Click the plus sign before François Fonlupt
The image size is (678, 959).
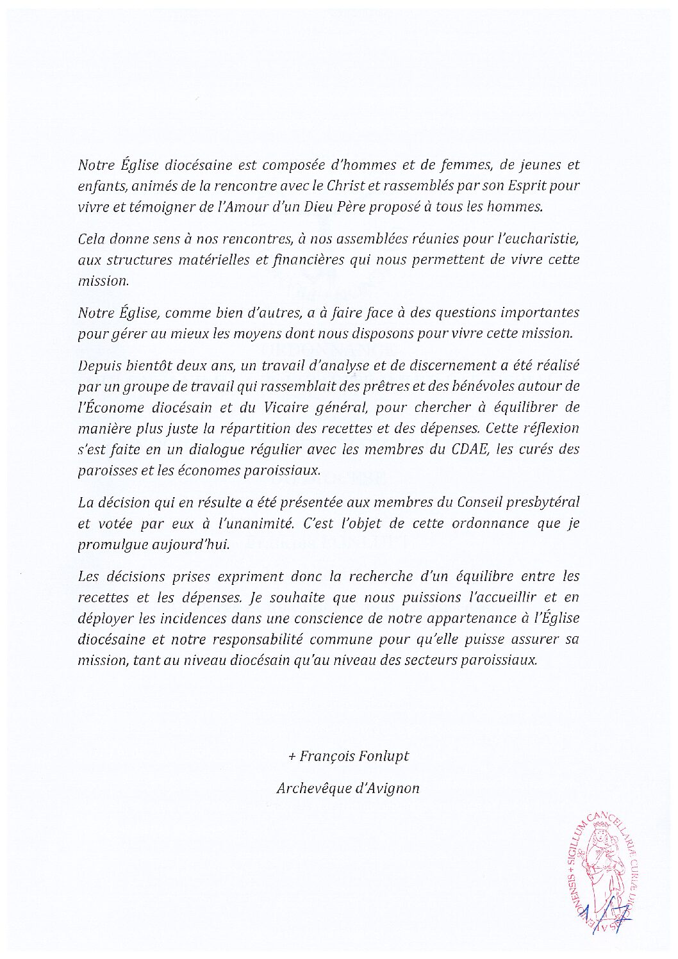point(292,757)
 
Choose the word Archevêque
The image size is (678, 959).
point(312,789)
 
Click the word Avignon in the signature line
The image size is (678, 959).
point(392,789)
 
